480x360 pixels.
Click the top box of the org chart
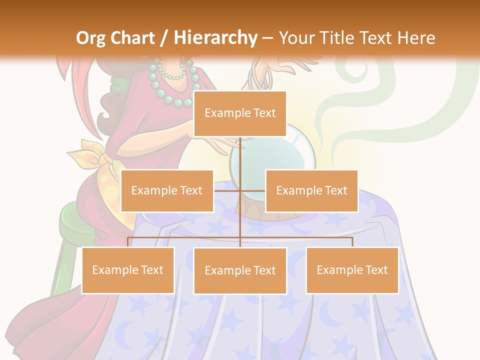240,113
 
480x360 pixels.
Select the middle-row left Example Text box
167,190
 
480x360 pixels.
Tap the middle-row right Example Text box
311,190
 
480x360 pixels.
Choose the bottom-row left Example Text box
128,270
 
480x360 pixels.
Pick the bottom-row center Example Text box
240,270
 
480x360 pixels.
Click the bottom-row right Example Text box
352,270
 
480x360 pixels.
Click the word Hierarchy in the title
215,38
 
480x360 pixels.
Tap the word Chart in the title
134,38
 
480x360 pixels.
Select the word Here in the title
416,38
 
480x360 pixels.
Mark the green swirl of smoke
350,100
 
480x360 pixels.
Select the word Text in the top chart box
264,113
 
